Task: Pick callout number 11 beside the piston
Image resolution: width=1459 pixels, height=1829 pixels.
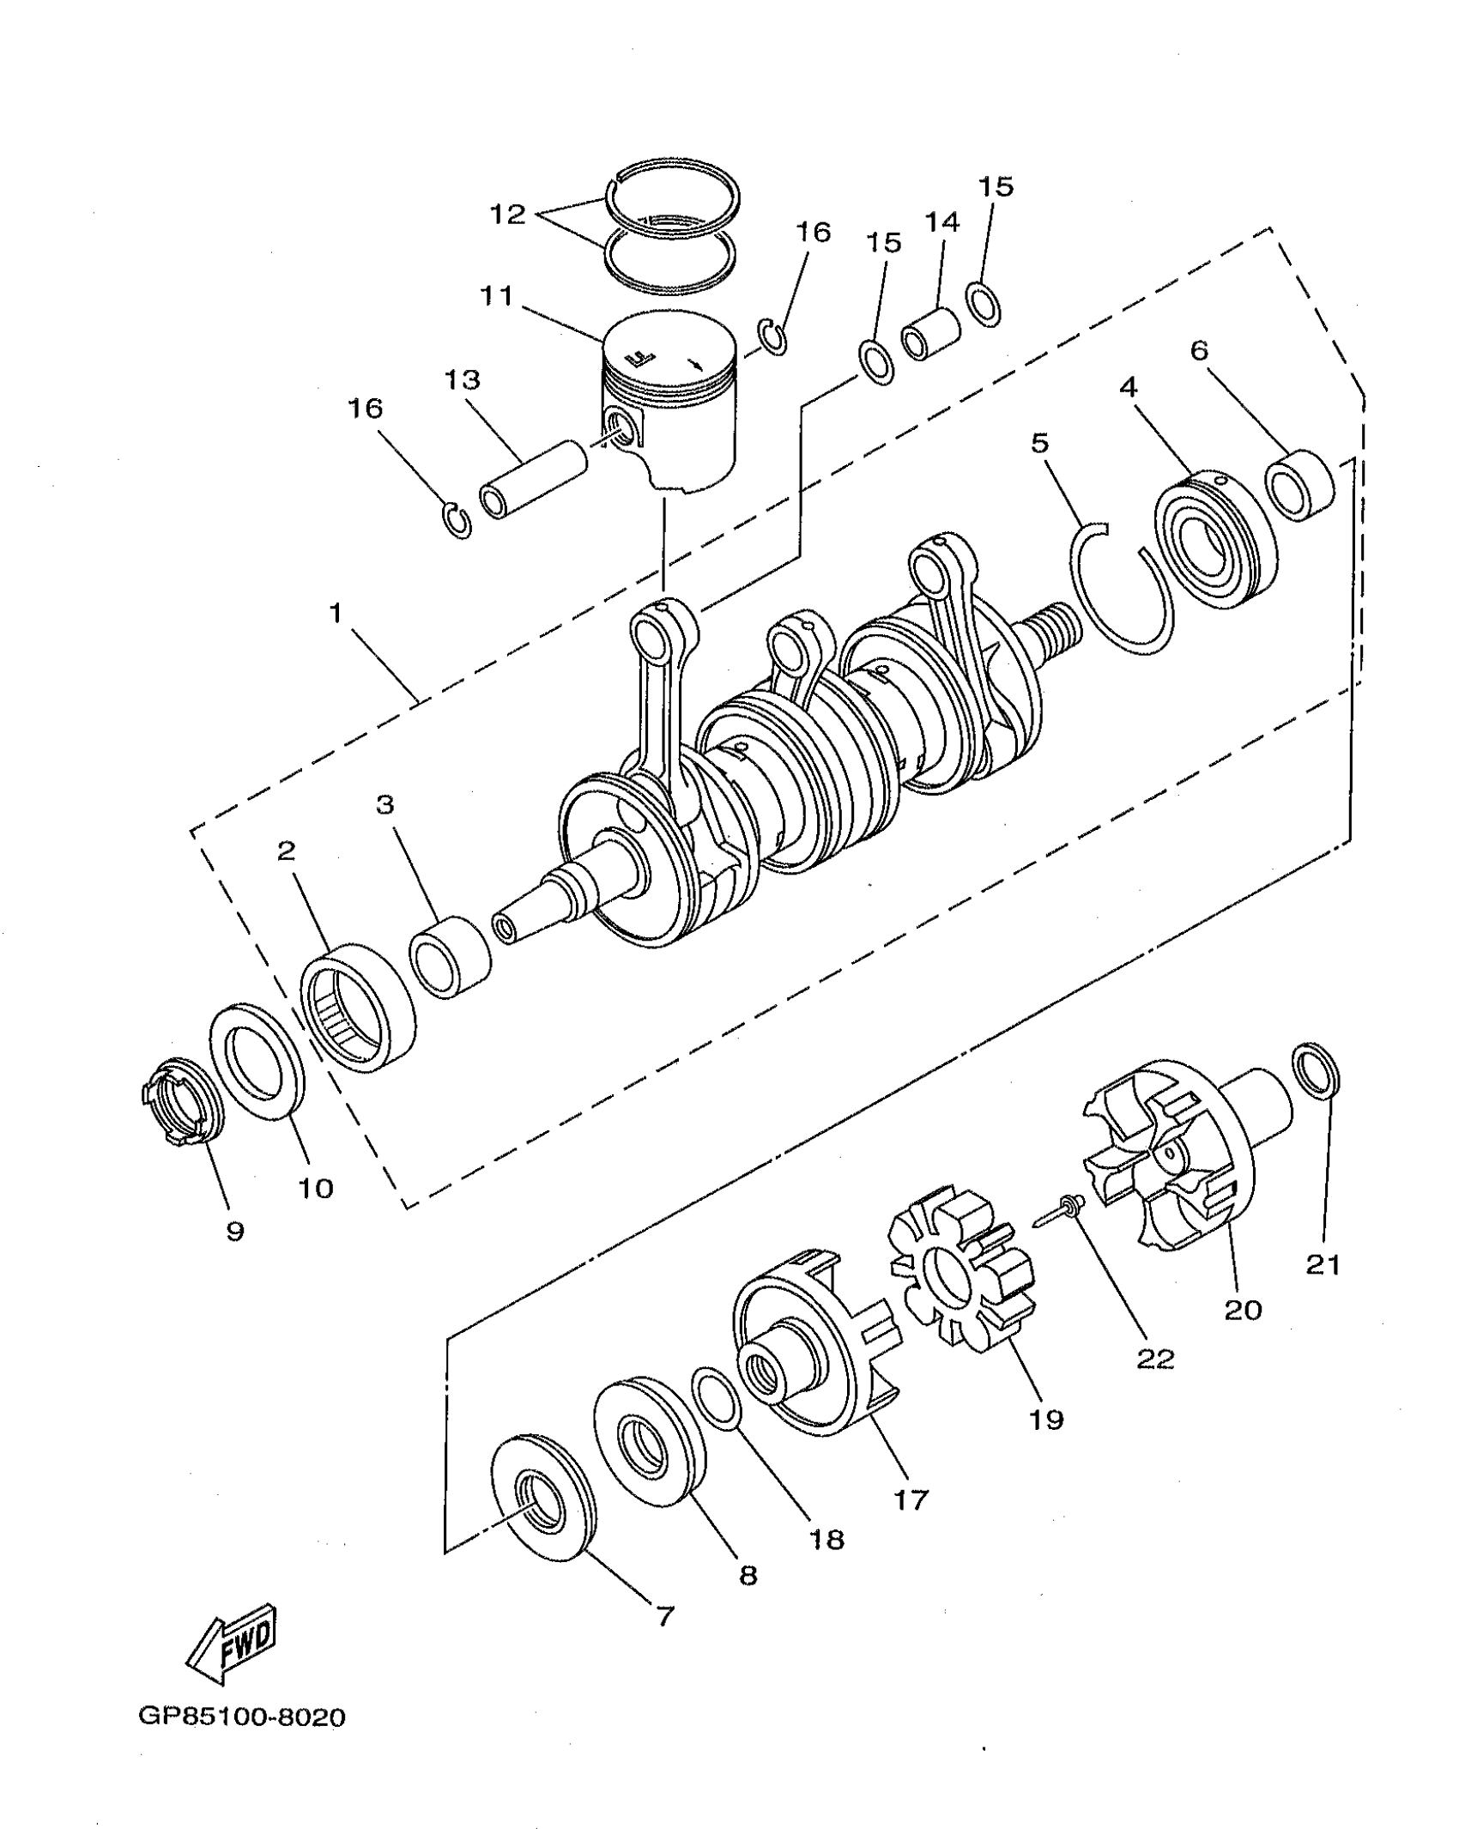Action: click(x=497, y=298)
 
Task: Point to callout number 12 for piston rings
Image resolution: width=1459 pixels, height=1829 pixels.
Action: click(x=507, y=215)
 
